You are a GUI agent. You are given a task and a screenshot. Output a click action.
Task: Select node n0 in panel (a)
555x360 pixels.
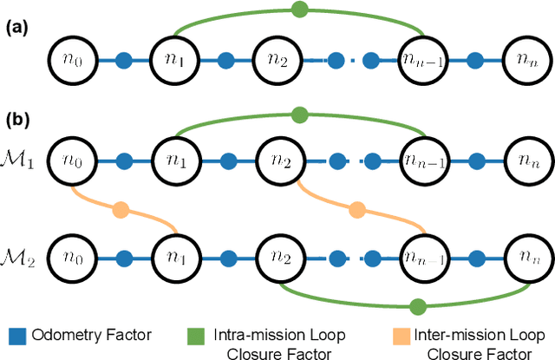coord(73,61)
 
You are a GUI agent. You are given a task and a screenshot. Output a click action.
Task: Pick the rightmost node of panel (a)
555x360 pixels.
coord(527,61)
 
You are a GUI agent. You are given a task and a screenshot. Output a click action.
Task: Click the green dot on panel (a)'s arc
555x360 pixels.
coord(300,10)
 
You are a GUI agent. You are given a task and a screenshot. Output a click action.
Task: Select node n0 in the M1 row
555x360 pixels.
coord(73,162)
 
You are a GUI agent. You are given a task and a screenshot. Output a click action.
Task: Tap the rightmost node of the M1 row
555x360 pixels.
coord(527,162)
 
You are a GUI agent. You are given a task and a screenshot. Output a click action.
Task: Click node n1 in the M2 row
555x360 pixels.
coord(176,257)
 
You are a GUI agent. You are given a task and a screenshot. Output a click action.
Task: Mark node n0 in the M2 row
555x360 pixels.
coord(73,257)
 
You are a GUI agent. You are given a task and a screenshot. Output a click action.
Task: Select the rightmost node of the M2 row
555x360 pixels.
coord(527,257)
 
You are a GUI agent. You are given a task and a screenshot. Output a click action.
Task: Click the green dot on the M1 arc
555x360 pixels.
coord(300,114)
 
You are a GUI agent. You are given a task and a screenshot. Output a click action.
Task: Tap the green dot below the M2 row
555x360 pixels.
coord(417,306)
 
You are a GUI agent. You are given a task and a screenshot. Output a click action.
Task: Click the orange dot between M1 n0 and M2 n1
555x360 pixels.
coord(121,209)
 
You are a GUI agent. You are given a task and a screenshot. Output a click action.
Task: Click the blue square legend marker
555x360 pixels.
coord(15,335)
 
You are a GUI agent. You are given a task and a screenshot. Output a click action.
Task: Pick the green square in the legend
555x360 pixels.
coord(195,335)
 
